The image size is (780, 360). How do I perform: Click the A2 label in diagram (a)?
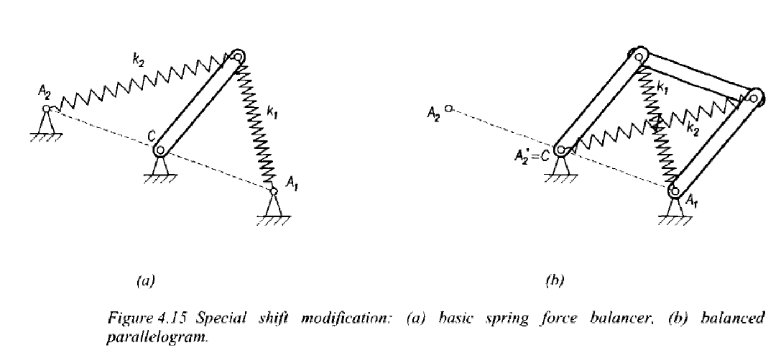44,92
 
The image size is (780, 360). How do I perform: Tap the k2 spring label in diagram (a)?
138,60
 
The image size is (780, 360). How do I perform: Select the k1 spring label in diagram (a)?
272,112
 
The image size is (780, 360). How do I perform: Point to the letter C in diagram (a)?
151,136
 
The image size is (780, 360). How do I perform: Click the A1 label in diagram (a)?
292,183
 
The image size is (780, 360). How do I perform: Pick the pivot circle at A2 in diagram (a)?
46,108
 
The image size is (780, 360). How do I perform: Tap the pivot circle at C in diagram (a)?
160,150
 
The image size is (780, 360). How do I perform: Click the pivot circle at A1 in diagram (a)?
274,191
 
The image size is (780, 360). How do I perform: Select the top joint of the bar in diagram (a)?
238,56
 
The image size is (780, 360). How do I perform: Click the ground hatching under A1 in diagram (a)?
274,221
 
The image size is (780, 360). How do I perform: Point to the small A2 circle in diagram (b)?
449,108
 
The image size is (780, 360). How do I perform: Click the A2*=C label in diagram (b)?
532,156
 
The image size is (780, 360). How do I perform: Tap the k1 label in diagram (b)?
662,88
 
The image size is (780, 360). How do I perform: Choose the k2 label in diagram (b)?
693,130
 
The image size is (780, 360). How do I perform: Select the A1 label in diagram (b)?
692,201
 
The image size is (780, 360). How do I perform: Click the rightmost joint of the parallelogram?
753,98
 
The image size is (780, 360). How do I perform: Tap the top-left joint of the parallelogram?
639,56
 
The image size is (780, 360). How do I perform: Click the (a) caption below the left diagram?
145,280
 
